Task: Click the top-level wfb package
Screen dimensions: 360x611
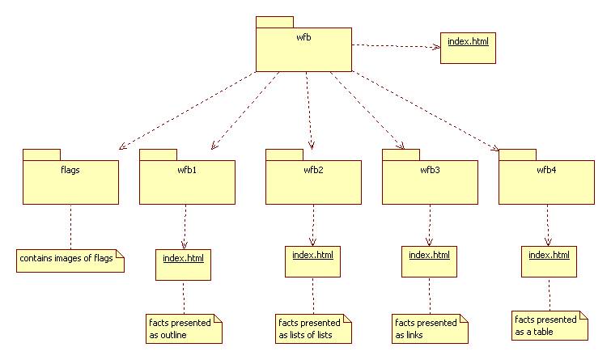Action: point(303,49)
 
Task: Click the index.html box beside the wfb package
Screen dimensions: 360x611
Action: point(467,48)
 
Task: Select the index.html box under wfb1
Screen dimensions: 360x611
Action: point(183,265)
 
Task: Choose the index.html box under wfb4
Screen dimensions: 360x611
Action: point(549,261)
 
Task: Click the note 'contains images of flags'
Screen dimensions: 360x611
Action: point(70,260)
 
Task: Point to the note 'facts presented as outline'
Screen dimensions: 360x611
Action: point(183,328)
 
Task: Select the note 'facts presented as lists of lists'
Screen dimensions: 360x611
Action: point(312,328)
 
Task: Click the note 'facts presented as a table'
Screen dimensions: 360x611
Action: point(549,324)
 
